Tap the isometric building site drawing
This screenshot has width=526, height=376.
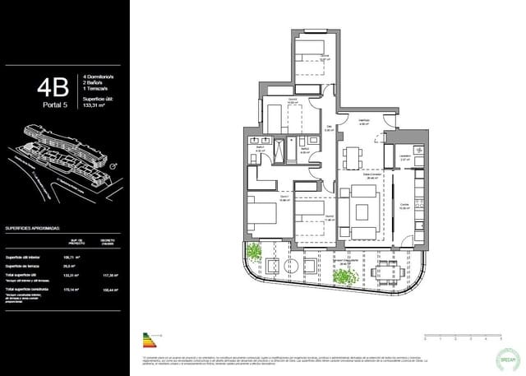[x=62, y=152]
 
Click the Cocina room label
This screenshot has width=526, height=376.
[x=404, y=206]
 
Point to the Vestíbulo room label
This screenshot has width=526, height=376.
[x=364, y=121]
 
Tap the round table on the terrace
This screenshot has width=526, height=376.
[x=288, y=267]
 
